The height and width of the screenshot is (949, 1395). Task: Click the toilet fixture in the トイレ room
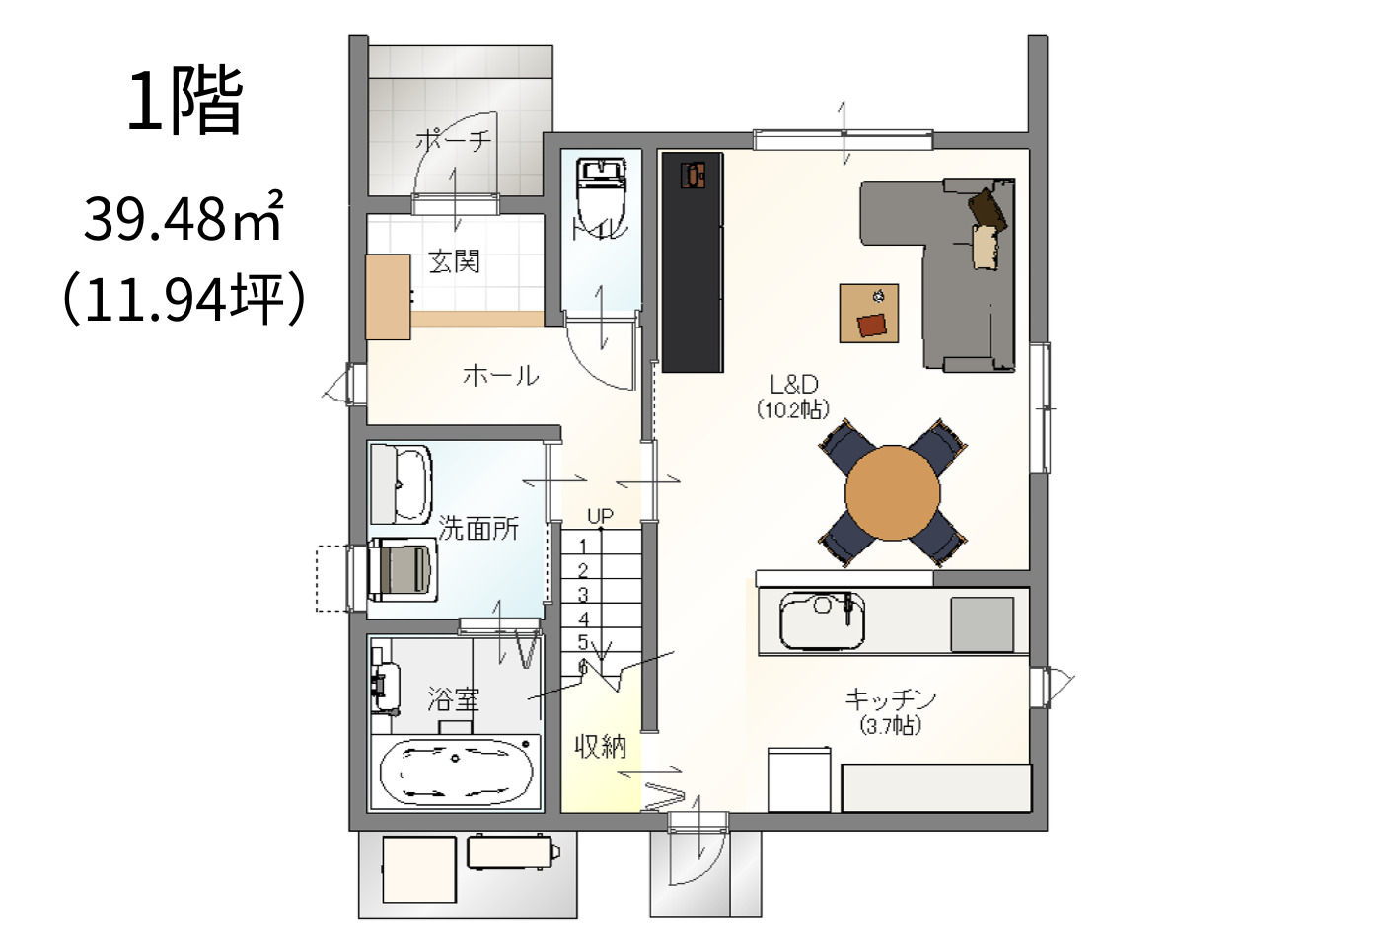(x=601, y=196)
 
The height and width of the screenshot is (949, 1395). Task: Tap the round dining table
(x=893, y=492)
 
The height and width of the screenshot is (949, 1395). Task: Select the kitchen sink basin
(x=823, y=621)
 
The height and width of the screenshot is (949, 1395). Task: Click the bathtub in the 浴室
(x=456, y=772)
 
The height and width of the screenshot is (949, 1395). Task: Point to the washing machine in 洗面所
(x=402, y=570)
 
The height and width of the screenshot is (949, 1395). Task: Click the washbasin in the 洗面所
(x=402, y=484)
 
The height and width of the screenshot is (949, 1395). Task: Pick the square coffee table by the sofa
(x=869, y=314)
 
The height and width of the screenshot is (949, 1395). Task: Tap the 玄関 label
(x=455, y=261)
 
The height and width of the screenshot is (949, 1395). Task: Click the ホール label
(x=501, y=376)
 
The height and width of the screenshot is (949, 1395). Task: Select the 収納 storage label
(x=600, y=746)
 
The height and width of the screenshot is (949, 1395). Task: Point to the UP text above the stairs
(x=600, y=516)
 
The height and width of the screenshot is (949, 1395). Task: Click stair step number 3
(x=583, y=595)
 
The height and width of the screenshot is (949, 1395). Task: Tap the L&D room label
(x=794, y=384)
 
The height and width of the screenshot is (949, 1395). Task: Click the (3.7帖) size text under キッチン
(x=891, y=726)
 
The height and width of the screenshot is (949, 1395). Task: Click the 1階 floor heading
(x=184, y=102)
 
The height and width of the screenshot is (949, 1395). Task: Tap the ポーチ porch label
(x=454, y=141)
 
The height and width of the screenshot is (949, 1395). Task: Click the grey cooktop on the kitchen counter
(x=982, y=624)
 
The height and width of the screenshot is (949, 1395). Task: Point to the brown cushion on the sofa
(x=988, y=208)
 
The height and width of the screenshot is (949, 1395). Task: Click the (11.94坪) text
(x=184, y=300)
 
